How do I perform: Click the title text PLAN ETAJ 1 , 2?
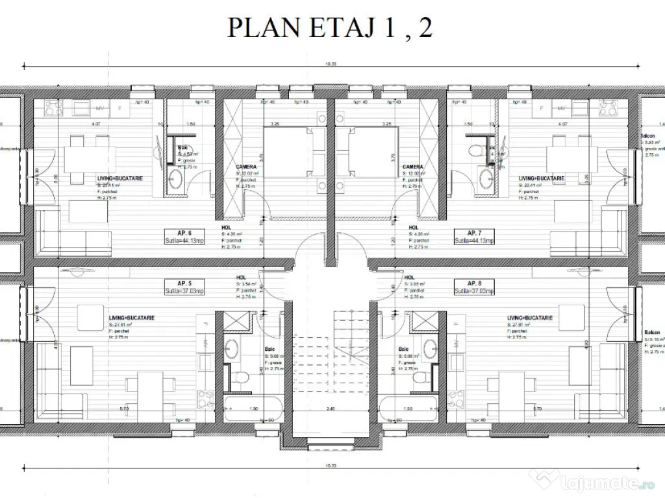click(x=329, y=28)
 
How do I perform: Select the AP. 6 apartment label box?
click(x=184, y=236)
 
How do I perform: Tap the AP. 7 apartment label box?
click(x=473, y=236)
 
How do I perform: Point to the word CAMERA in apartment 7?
click(x=412, y=167)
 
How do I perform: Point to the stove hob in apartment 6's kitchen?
click(x=52, y=108)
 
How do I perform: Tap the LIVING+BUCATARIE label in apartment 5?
click(x=131, y=318)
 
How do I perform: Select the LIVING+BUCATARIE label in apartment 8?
click(x=529, y=318)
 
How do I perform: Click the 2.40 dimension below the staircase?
click(x=331, y=409)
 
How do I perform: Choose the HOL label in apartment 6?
click(x=225, y=228)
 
